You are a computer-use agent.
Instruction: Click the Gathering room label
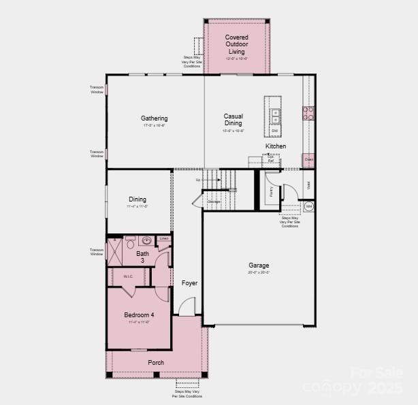click(x=155, y=118)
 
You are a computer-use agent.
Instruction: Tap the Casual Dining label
click(x=234, y=120)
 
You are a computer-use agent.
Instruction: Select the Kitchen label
click(x=276, y=146)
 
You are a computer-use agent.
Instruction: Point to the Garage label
click(x=259, y=265)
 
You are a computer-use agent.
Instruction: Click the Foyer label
click(x=189, y=283)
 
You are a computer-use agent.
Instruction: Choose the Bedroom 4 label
click(x=139, y=315)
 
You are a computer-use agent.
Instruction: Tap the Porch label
click(x=156, y=363)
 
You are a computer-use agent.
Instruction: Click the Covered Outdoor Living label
click(x=236, y=44)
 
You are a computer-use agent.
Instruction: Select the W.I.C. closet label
click(x=128, y=276)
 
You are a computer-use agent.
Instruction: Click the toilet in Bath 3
click(x=129, y=241)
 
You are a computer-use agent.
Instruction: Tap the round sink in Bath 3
click(x=146, y=240)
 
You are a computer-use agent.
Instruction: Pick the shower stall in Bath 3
click(x=114, y=253)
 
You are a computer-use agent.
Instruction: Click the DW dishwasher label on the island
click(x=275, y=130)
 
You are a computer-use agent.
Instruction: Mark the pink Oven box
click(x=309, y=161)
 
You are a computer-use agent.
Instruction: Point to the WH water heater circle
click(x=308, y=206)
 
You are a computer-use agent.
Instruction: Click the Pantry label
click(x=271, y=191)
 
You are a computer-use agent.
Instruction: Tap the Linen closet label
click(x=163, y=239)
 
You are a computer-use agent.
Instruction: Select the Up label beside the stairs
click(x=198, y=180)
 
